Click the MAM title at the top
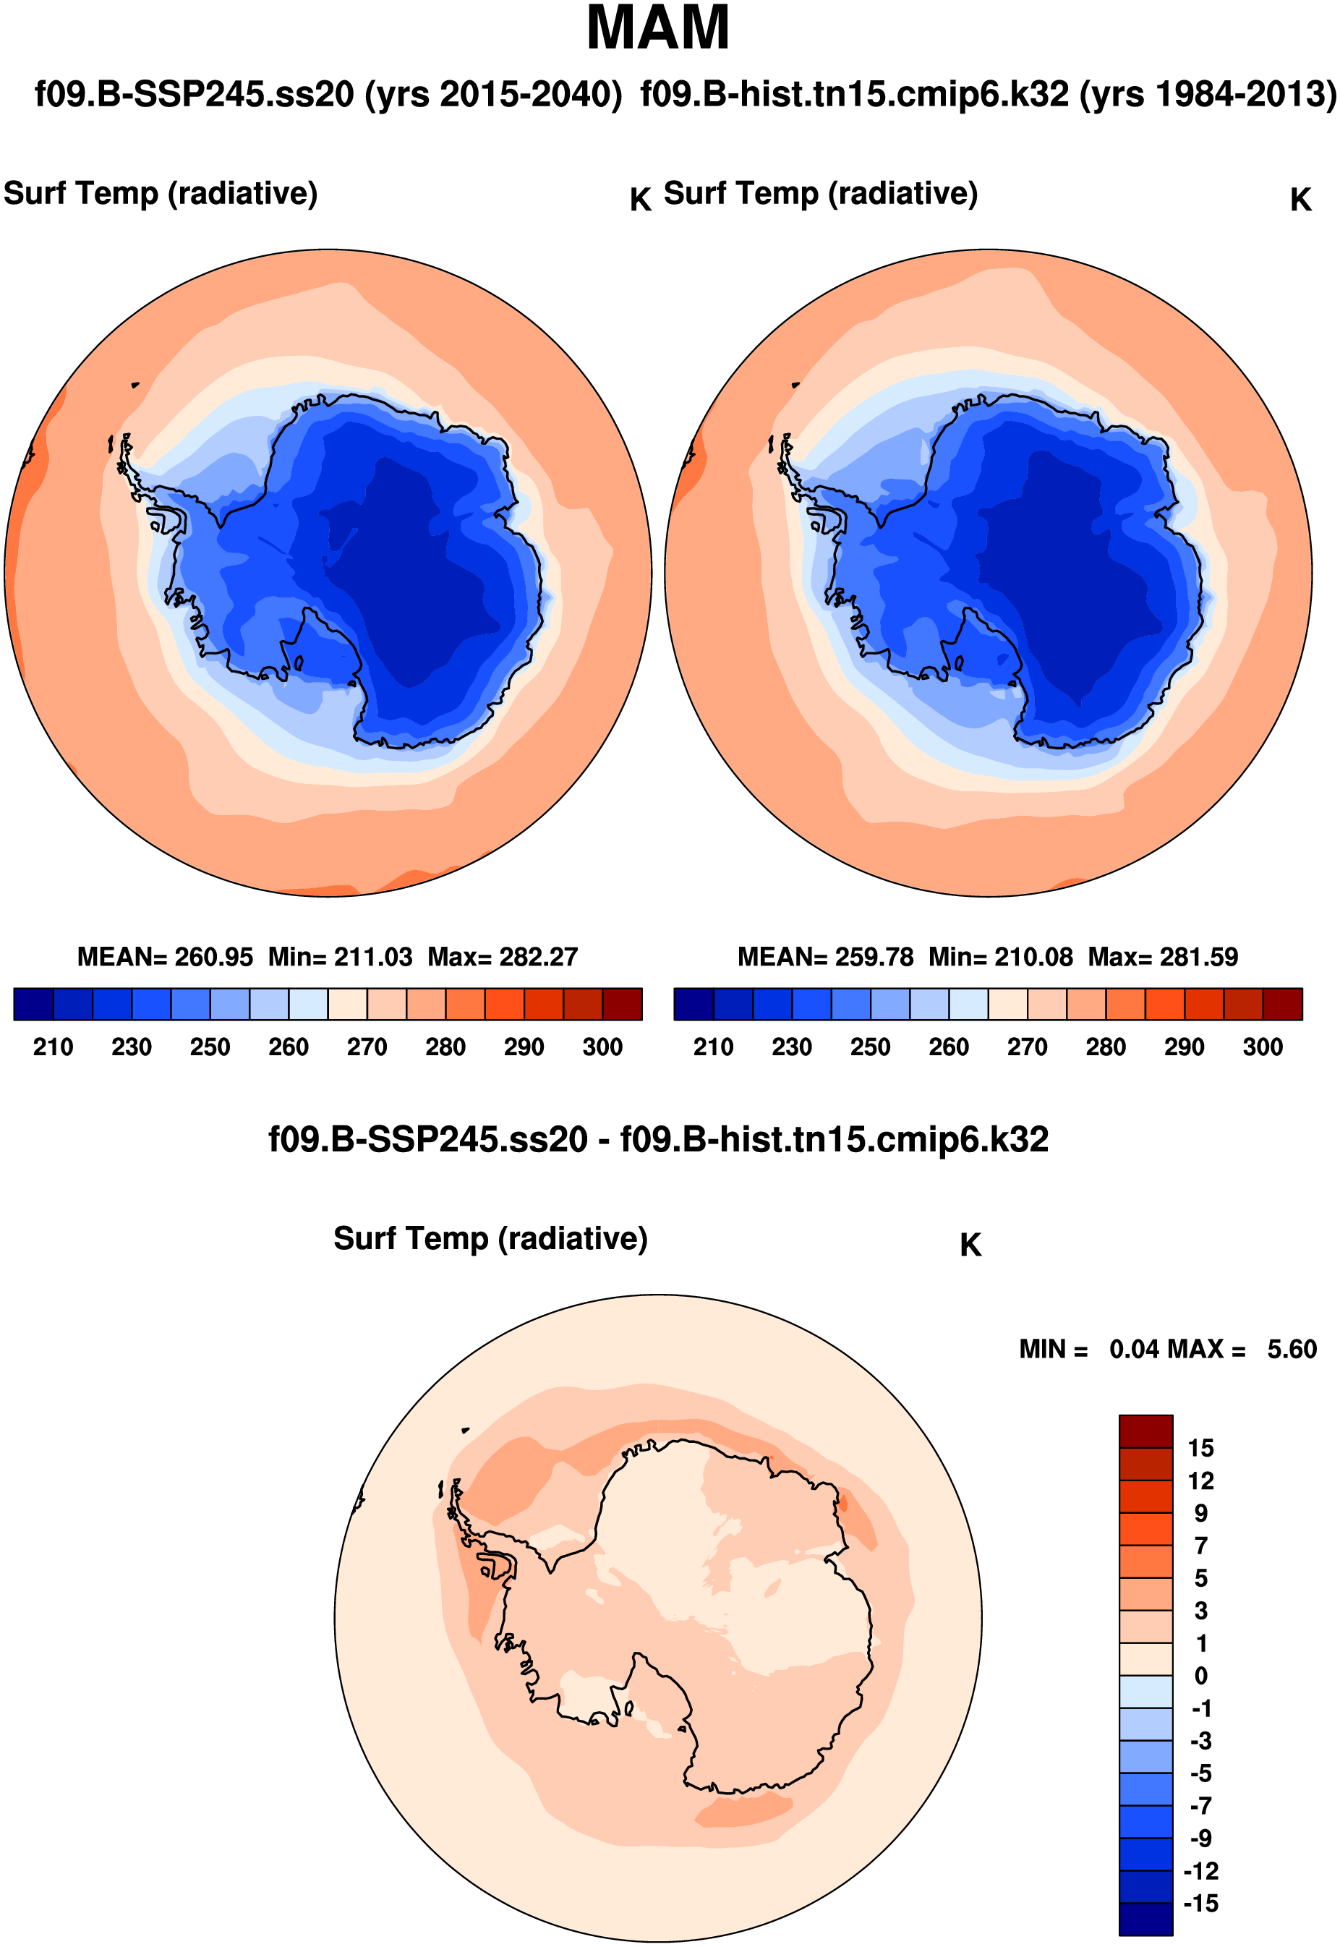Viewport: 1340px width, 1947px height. click(657, 28)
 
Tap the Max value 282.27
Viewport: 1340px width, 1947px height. click(538, 957)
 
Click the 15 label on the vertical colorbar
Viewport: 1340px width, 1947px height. click(1200, 1448)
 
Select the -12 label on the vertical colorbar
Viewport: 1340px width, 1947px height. click(1200, 1872)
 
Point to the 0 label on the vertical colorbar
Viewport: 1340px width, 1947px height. click(1200, 1676)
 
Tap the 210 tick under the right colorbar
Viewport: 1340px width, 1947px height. click(713, 1047)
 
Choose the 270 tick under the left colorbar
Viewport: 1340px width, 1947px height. click(367, 1047)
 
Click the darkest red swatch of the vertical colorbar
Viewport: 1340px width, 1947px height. click(1145, 1431)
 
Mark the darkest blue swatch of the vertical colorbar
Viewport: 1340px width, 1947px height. click(1145, 1920)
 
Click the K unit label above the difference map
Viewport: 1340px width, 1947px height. click(970, 1245)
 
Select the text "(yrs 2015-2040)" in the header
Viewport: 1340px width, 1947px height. click(493, 94)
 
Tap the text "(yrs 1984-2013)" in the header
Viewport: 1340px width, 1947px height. click(1208, 94)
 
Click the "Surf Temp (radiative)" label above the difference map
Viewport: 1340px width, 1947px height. click(490, 1238)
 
